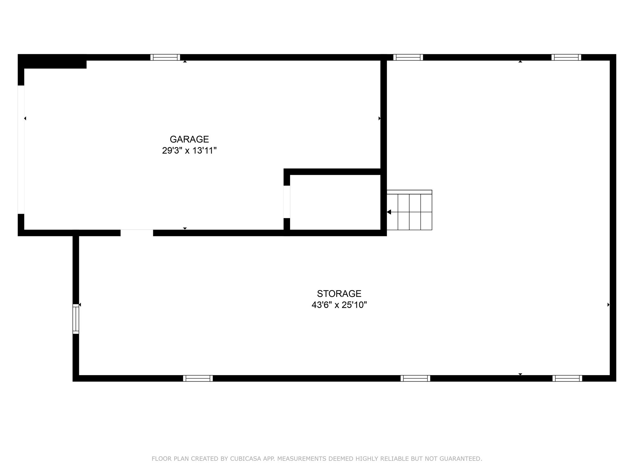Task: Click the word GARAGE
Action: (189, 139)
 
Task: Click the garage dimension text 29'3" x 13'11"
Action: (189, 151)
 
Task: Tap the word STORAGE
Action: (339, 293)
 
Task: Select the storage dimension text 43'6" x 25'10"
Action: (339, 305)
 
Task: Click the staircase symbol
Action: (409, 210)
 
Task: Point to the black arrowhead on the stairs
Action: (389, 212)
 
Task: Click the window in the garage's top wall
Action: (165, 57)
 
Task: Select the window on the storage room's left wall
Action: (76, 319)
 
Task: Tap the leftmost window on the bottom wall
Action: (198, 378)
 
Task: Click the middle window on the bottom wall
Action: (415, 378)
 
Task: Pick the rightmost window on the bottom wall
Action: (567, 378)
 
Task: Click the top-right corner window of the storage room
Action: (566, 57)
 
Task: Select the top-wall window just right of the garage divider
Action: (408, 57)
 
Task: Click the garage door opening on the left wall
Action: (21, 149)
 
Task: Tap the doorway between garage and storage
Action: (137, 233)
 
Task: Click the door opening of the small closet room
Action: (287, 202)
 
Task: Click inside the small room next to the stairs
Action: (335, 202)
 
